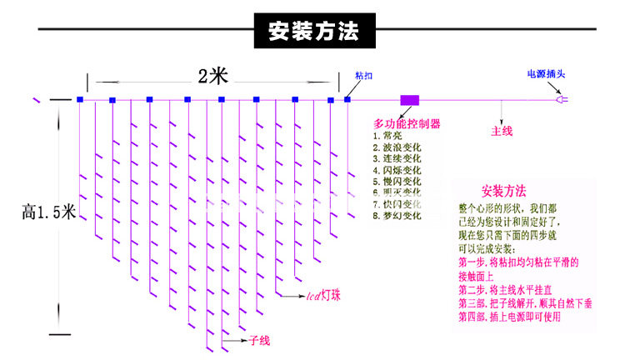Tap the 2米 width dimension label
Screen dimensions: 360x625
212,76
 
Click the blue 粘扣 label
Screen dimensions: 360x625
364,76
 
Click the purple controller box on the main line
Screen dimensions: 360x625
409,100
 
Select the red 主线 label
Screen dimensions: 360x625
502,131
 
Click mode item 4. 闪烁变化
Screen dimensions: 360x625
397,169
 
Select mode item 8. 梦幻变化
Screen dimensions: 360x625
397,215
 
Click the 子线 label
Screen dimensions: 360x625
259,340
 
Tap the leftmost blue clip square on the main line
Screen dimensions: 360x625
80,100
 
